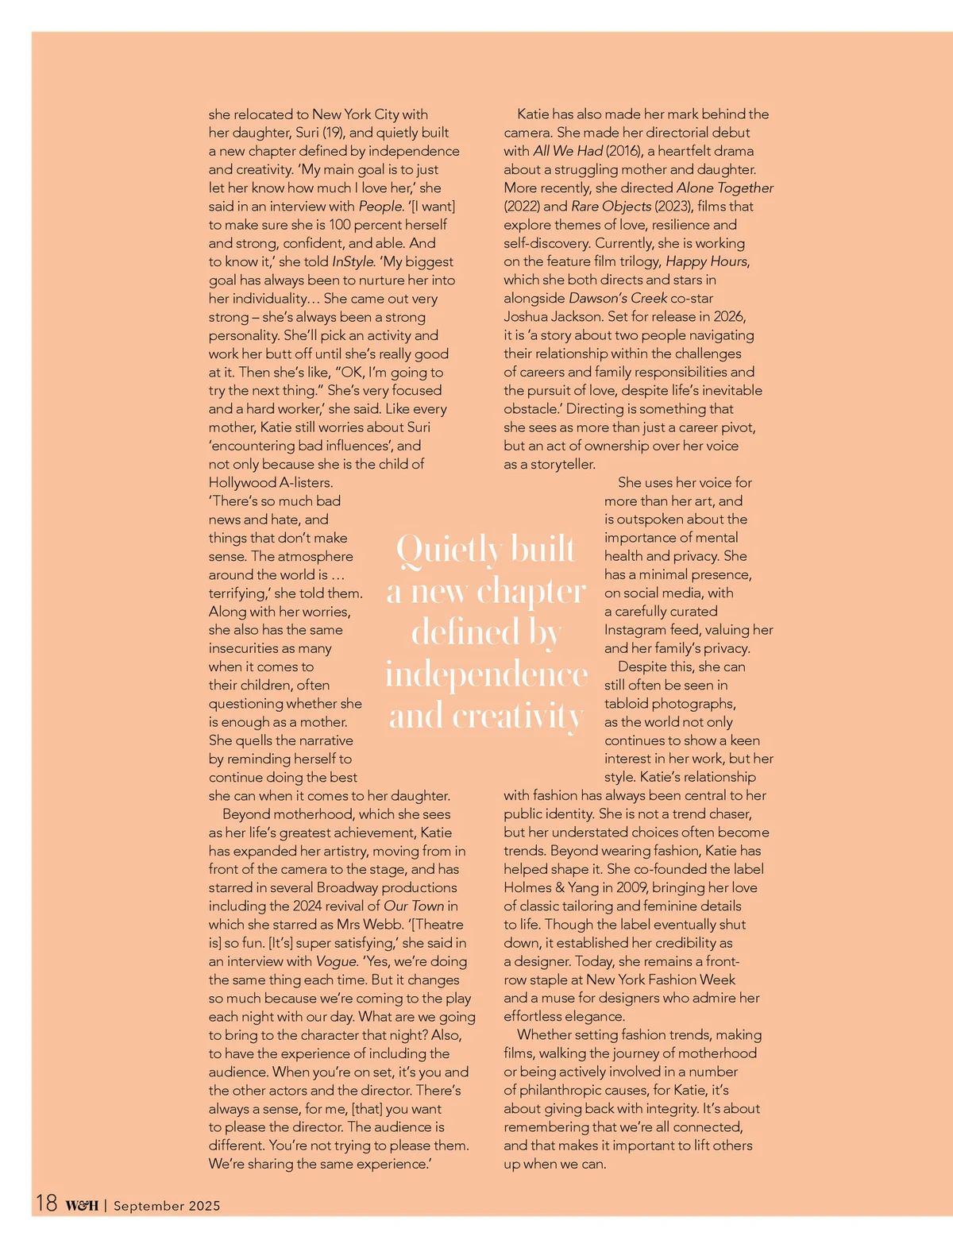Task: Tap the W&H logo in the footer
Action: pos(82,1205)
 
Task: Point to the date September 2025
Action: pos(167,1205)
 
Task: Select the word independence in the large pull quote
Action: pos(486,674)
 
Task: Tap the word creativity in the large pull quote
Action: pos(518,717)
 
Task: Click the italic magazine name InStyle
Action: pos(353,261)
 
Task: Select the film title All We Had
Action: pos(568,151)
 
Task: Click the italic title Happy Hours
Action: pos(706,261)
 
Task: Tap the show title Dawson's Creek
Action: pos(618,299)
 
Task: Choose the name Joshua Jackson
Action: pos(552,317)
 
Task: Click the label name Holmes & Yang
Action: pos(555,887)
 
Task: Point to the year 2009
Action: pos(631,887)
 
